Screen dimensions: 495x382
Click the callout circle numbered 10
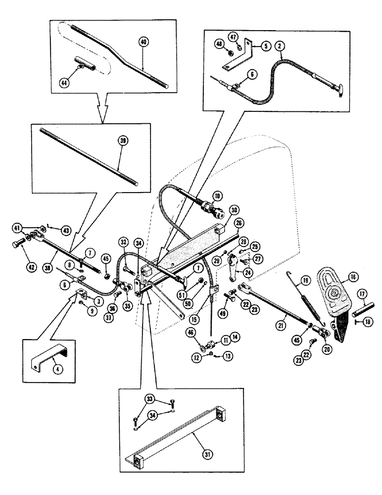click(216, 197)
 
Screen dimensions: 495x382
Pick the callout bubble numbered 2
click(281, 46)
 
